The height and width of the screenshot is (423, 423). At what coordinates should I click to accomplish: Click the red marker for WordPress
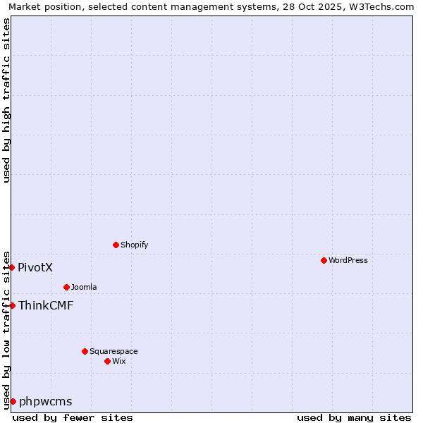click(324, 260)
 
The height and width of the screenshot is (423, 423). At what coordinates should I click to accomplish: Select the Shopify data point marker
click(116, 245)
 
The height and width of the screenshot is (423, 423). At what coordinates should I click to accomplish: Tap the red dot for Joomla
click(66, 287)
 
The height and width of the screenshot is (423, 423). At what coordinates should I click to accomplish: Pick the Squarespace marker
click(85, 351)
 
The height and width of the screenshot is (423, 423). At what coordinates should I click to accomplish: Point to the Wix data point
click(107, 361)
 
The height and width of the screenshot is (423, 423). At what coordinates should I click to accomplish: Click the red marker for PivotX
click(12, 267)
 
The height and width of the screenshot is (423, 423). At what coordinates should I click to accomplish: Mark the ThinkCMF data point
click(12, 305)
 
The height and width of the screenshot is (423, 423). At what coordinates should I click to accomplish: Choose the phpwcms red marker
click(13, 401)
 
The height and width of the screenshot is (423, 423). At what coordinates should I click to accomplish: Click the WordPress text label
click(348, 260)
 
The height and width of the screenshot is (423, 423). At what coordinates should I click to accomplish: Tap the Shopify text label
click(134, 245)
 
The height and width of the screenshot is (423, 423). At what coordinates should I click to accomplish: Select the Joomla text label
click(84, 287)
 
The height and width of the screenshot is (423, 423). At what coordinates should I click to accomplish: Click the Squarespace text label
click(114, 351)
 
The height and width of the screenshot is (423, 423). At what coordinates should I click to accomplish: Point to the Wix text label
click(119, 361)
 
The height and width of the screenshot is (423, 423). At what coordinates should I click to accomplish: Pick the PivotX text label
click(35, 267)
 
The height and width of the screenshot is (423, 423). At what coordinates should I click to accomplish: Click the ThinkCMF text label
click(46, 305)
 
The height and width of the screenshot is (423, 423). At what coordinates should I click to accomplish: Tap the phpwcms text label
click(46, 401)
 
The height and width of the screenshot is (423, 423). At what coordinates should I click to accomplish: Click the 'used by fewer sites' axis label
click(73, 417)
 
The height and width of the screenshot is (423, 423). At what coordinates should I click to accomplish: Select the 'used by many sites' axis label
click(354, 417)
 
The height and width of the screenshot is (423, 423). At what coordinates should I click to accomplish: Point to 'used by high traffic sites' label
click(6, 100)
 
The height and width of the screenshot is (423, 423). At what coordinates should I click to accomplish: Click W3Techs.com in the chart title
click(380, 6)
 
